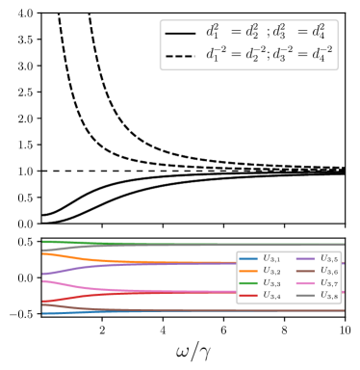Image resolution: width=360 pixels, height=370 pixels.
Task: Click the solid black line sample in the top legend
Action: pos(180,33)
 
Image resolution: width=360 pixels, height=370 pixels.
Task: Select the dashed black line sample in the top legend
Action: pos(180,55)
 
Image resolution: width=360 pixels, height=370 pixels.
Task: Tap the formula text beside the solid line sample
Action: pos(269,32)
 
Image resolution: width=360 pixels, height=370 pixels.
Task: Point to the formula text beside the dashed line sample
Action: pos(269,55)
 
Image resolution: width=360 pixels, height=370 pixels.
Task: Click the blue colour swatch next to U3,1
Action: pos(248,259)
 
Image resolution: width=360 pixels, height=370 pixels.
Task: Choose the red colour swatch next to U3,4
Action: pos(248,296)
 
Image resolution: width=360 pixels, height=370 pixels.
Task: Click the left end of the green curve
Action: pos(43,241)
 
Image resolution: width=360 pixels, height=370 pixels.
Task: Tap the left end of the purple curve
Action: pos(43,275)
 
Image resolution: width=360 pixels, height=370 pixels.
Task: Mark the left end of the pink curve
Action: pos(43,280)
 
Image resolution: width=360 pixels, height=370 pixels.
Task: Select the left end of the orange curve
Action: pos(43,252)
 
